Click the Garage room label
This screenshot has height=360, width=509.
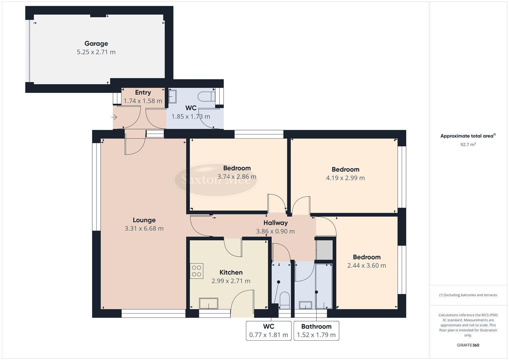(x=96, y=43)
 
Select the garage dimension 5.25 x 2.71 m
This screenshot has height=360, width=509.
(x=96, y=52)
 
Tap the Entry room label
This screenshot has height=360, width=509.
(x=143, y=92)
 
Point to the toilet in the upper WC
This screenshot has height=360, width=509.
(x=206, y=97)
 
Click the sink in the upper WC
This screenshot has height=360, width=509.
(x=172, y=97)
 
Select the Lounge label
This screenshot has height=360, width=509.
(x=144, y=220)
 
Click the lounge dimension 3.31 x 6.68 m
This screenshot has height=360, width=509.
(x=144, y=229)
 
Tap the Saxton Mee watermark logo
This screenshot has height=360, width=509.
(x=215, y=179)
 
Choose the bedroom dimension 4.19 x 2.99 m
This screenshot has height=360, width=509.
(x=345, y=178)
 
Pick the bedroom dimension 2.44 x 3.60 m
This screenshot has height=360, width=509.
(x=366, y=266)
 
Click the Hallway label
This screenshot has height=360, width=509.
(x=275, y=223)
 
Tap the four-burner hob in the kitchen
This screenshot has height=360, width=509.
(x=197, y=271)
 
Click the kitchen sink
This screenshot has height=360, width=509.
(x=208, y=303)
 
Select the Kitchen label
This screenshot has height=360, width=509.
(x=231, y=272)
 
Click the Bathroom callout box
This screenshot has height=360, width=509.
(x=316, y=331)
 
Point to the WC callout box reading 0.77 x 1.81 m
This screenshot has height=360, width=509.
(x=268, y=331)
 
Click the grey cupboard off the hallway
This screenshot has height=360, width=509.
(x=324, y=250)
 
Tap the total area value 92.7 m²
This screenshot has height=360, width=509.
(x=468, y=145)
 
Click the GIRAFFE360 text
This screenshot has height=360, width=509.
(x=468, y=345)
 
